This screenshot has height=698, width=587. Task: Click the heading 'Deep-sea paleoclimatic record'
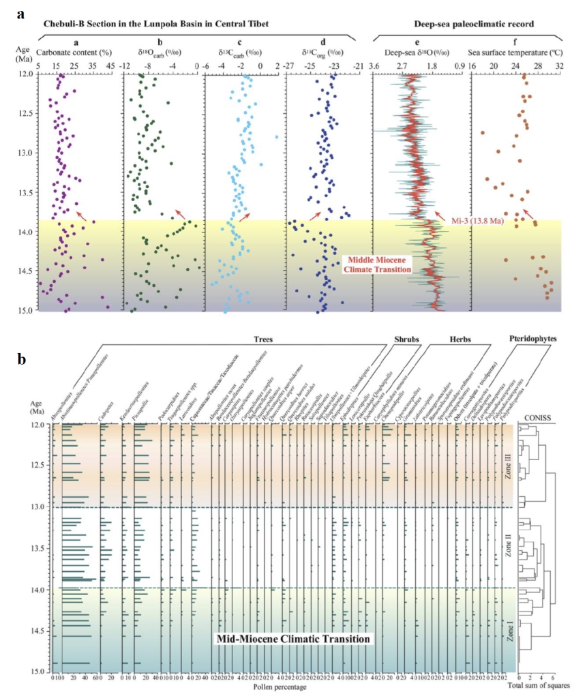click(x=465, y=24)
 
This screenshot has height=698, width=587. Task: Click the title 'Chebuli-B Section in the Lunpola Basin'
click(x=156, y=24)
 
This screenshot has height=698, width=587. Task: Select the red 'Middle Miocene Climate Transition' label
click(x=378, y=264)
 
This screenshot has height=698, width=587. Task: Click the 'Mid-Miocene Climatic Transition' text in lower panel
click(x=293, y=639)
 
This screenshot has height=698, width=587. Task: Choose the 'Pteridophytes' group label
click(x=532, y=337)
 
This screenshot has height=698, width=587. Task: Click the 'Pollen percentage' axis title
click(x=281, y=686)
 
